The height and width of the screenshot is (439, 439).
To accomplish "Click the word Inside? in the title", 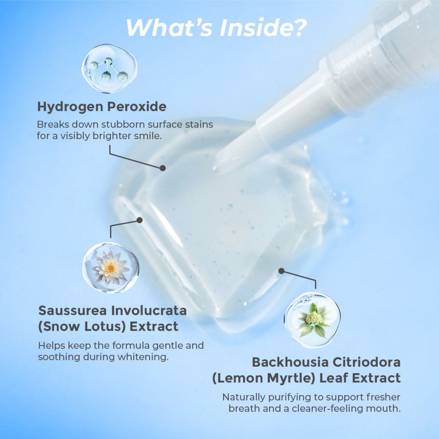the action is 263,28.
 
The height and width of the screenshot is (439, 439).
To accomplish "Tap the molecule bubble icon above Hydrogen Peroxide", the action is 109,69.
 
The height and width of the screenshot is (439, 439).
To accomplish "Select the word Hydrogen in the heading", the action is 70,107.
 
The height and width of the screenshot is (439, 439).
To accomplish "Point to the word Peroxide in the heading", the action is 137,106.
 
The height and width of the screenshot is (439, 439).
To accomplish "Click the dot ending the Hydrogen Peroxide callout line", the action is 162,168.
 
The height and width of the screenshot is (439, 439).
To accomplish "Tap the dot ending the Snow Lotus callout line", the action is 139,220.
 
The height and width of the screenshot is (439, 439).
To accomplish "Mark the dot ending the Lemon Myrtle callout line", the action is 282,271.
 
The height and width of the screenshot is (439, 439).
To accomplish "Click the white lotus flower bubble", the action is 111,268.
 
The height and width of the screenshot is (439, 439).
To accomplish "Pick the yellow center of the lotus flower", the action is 111,269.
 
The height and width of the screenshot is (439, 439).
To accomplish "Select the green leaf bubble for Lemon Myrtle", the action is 312,320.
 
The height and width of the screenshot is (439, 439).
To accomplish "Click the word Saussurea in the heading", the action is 72,311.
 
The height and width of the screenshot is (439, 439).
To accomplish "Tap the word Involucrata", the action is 149,311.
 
